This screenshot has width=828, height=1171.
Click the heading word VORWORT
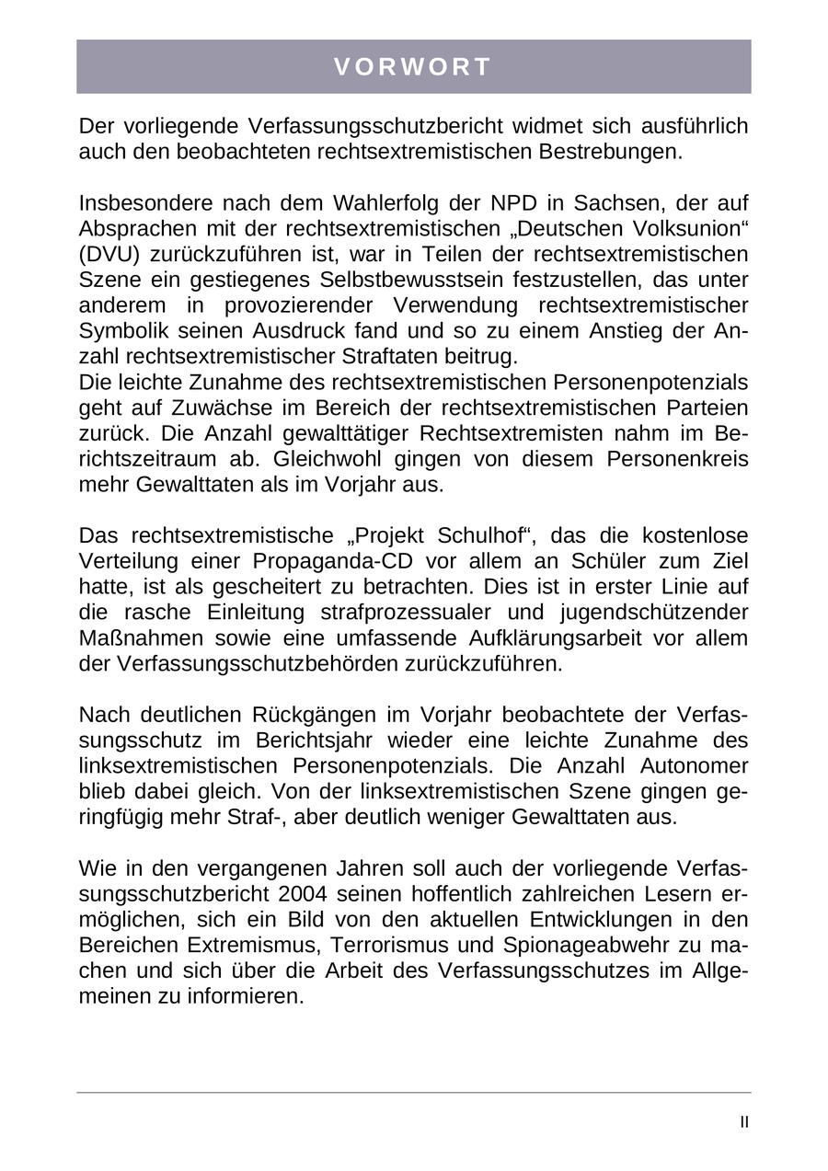click(x=413, y=67)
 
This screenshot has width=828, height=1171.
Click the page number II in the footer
click(x=744, y=1122)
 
